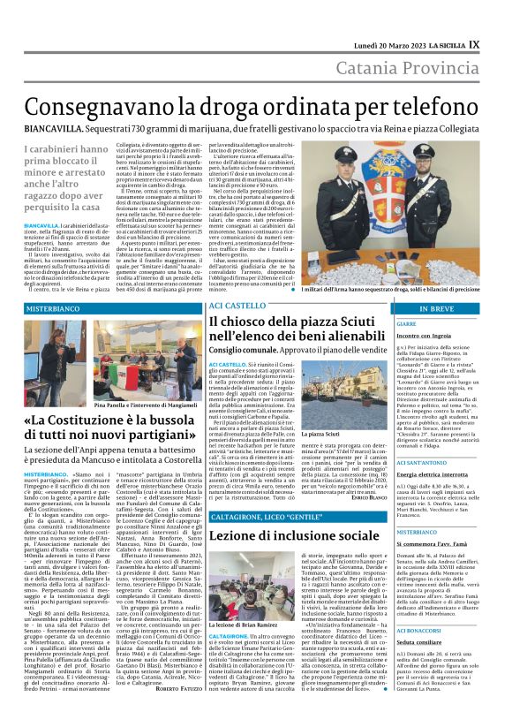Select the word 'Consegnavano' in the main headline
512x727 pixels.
[x=87, y=107]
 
